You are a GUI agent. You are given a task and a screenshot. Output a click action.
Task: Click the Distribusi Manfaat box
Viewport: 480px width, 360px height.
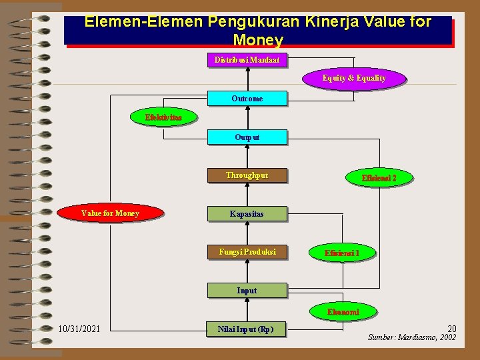247,60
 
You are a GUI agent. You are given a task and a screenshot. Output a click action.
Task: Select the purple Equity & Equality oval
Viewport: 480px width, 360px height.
354,78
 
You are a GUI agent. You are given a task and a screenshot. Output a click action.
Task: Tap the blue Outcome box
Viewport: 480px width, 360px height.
247,99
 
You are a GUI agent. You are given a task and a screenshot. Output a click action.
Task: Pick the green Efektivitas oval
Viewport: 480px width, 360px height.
163,117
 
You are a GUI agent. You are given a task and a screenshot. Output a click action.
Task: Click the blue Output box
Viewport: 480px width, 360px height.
247,137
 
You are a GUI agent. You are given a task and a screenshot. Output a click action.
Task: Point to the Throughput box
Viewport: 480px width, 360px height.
247,175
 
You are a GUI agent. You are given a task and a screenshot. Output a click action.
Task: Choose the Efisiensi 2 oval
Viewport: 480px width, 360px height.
379,178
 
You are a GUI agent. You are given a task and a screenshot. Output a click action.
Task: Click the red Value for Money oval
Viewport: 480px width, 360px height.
110,213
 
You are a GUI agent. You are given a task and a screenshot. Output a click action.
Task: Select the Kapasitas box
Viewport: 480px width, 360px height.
247,214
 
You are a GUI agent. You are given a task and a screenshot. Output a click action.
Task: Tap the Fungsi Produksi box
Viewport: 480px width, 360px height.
247,252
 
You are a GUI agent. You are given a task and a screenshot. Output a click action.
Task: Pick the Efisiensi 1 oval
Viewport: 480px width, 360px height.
342,253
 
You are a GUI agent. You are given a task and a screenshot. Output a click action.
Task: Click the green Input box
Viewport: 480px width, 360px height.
247,290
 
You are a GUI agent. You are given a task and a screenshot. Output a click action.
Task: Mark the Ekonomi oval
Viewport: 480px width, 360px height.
343,312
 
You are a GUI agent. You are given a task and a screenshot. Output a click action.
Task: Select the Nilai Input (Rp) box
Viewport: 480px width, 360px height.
245,329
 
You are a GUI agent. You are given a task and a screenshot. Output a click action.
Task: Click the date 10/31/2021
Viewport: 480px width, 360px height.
79,329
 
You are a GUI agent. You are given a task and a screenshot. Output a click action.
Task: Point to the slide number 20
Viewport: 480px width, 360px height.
451,328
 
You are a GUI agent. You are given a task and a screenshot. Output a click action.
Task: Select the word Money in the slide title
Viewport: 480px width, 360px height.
258,39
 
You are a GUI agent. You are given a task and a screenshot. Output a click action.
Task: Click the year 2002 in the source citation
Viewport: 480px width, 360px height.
448,337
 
